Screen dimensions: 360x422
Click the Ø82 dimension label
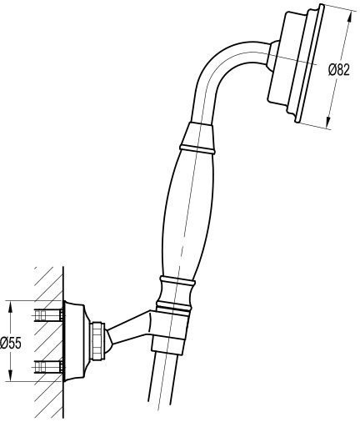click(338, 70)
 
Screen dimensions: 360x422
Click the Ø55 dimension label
click(11, 344)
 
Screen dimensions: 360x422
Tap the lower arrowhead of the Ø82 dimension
click(328, 120)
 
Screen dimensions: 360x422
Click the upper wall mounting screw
click(48, 315)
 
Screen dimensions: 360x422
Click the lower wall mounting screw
click(48, 366)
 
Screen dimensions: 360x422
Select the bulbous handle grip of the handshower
click(187, 214)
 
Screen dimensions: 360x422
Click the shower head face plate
click(310, 63)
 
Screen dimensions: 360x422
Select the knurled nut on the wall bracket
click(98, 342)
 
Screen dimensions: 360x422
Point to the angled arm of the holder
click(128, 329)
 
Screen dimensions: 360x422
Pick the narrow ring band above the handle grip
click(197, 148)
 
